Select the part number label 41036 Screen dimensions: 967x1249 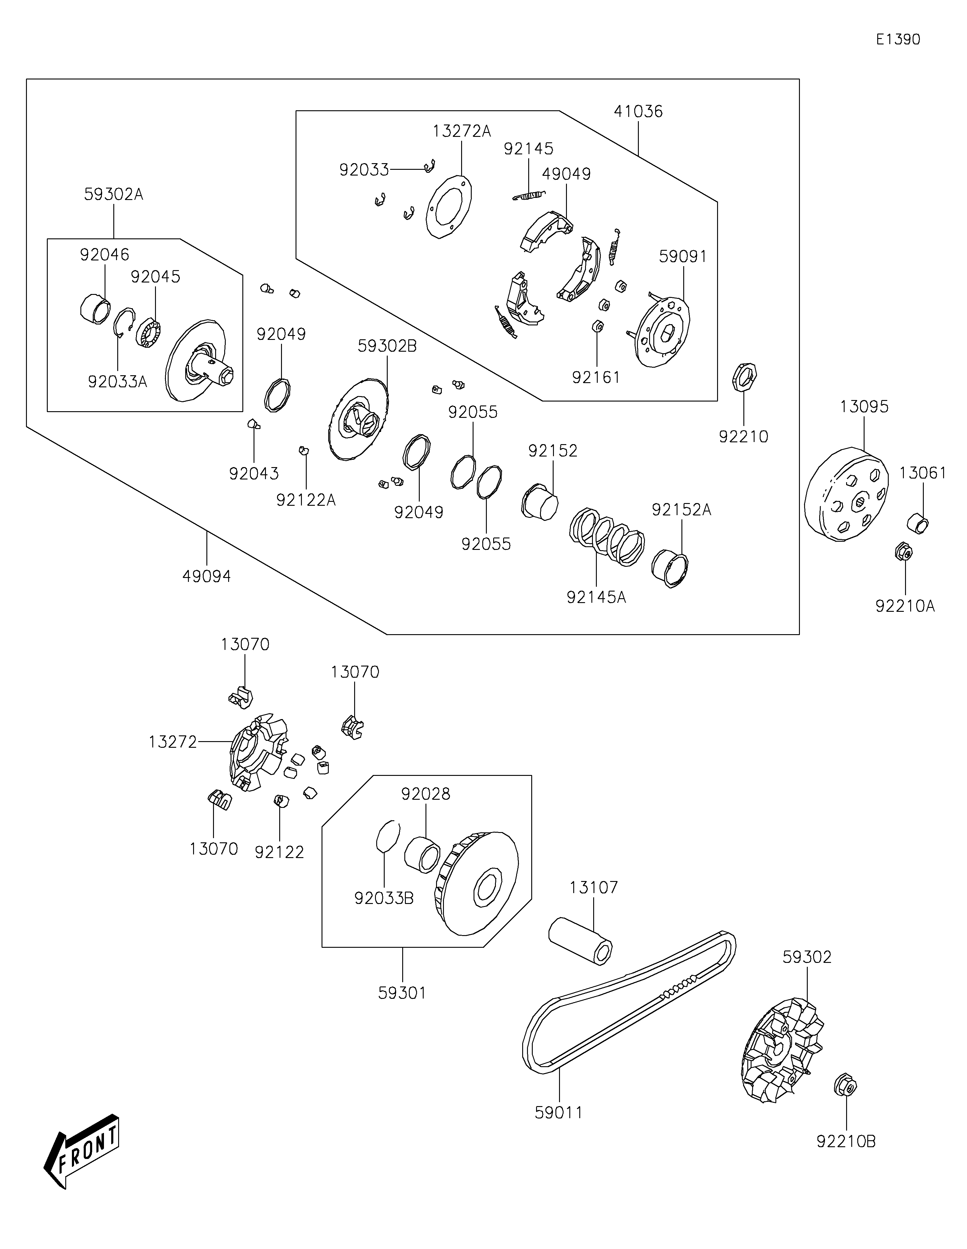point(638,111)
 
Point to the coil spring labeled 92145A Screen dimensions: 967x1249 point(607,537)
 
